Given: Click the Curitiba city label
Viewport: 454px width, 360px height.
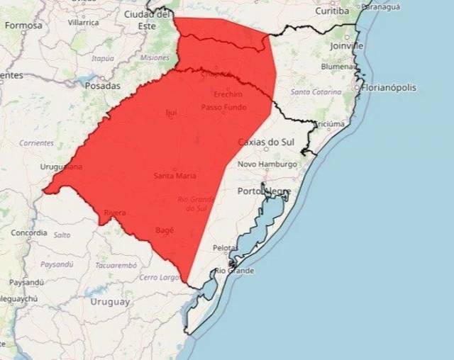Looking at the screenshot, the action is [x=333, y=11].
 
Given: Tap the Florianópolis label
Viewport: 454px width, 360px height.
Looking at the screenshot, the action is [x=388, y=88].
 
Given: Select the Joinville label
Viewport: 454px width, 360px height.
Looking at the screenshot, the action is [x=347, y=45].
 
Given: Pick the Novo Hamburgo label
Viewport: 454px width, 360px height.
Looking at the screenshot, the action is [x=267, y=164].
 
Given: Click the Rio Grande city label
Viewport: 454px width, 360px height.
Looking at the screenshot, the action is [x=235, y=271].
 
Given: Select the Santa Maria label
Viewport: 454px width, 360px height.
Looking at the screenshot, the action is [x=175, y=176].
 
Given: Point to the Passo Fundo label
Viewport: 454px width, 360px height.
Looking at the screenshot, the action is [x=223, y=108].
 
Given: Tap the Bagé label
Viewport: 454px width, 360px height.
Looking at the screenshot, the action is [x=164, y=230].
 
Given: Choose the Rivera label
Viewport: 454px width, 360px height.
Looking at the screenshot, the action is [x=115, y=213].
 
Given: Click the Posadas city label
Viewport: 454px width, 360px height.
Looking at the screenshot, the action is [x=103, y=86].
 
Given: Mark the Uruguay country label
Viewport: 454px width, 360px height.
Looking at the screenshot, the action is [x=110, y=302].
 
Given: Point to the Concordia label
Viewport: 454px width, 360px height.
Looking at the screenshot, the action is [x=29, y=232].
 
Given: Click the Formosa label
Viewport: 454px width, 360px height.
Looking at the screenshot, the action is [x=23, y=26].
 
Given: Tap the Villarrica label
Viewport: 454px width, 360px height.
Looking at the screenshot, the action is [x=84, y=23].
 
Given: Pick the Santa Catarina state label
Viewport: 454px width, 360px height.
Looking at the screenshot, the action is [x=316, y=93].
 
